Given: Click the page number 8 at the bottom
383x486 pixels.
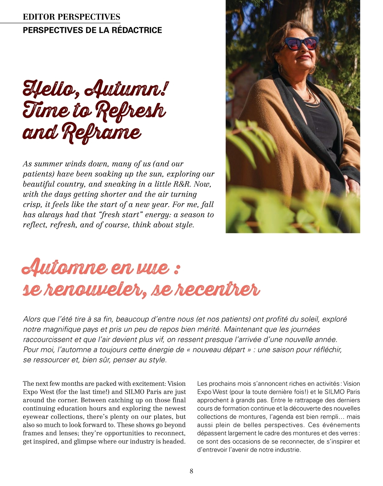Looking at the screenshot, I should (191, 471).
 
